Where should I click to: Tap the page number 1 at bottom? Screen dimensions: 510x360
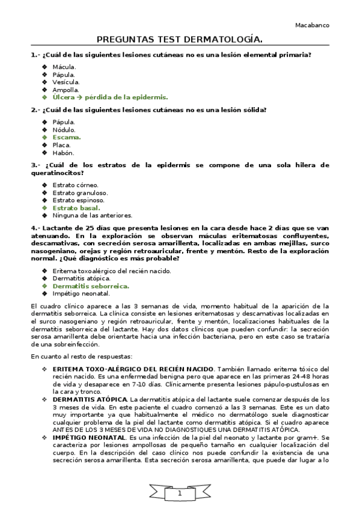(179, 493)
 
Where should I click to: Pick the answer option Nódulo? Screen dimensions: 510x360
(64, 129)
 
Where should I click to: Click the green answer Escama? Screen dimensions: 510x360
(66, 137)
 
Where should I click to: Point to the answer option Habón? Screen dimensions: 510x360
(63, 153)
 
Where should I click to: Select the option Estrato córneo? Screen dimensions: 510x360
(75, 185)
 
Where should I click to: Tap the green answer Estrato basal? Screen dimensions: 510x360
(76, 207)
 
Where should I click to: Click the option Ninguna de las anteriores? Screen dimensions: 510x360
(92, 215)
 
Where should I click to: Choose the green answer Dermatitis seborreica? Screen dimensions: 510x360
(91, 286)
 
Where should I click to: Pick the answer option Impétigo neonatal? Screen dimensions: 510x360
(81, 293)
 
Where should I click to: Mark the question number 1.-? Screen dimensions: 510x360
(35, 55)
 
